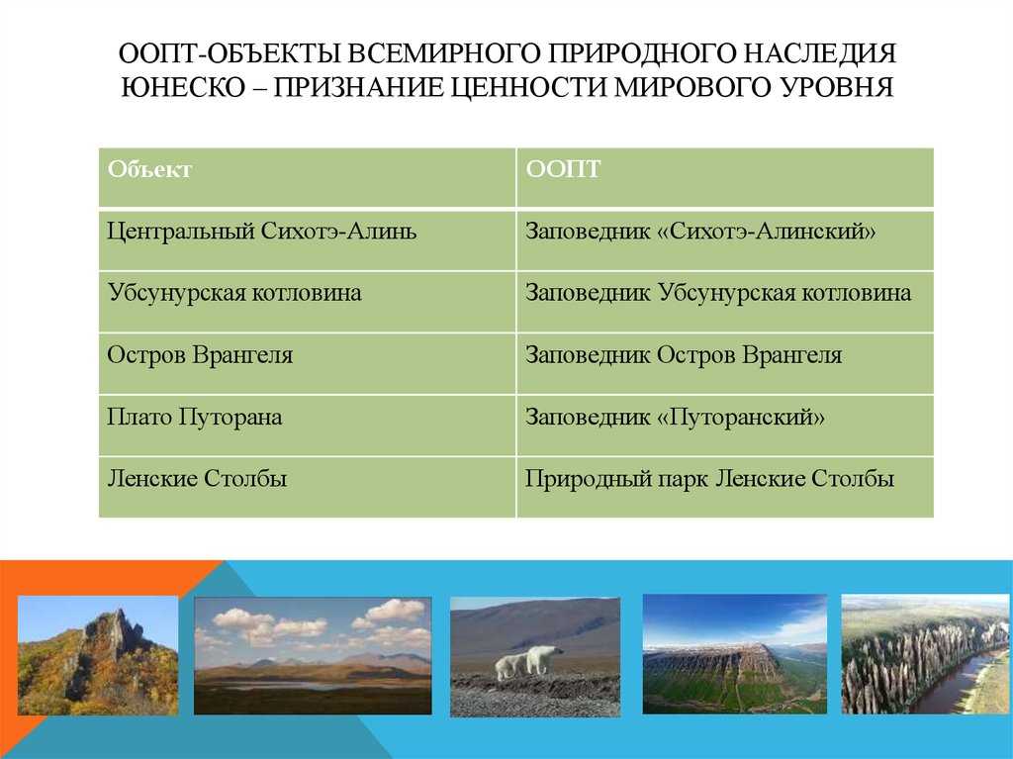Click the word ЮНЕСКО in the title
pos(183,87)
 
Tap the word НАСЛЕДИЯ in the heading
pos(819,53)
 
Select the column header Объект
pos(150,169)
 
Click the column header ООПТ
pos(563,169)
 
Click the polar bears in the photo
pos(528,661)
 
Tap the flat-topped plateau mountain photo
pos(735,654)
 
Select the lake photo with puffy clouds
pos(313,655)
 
